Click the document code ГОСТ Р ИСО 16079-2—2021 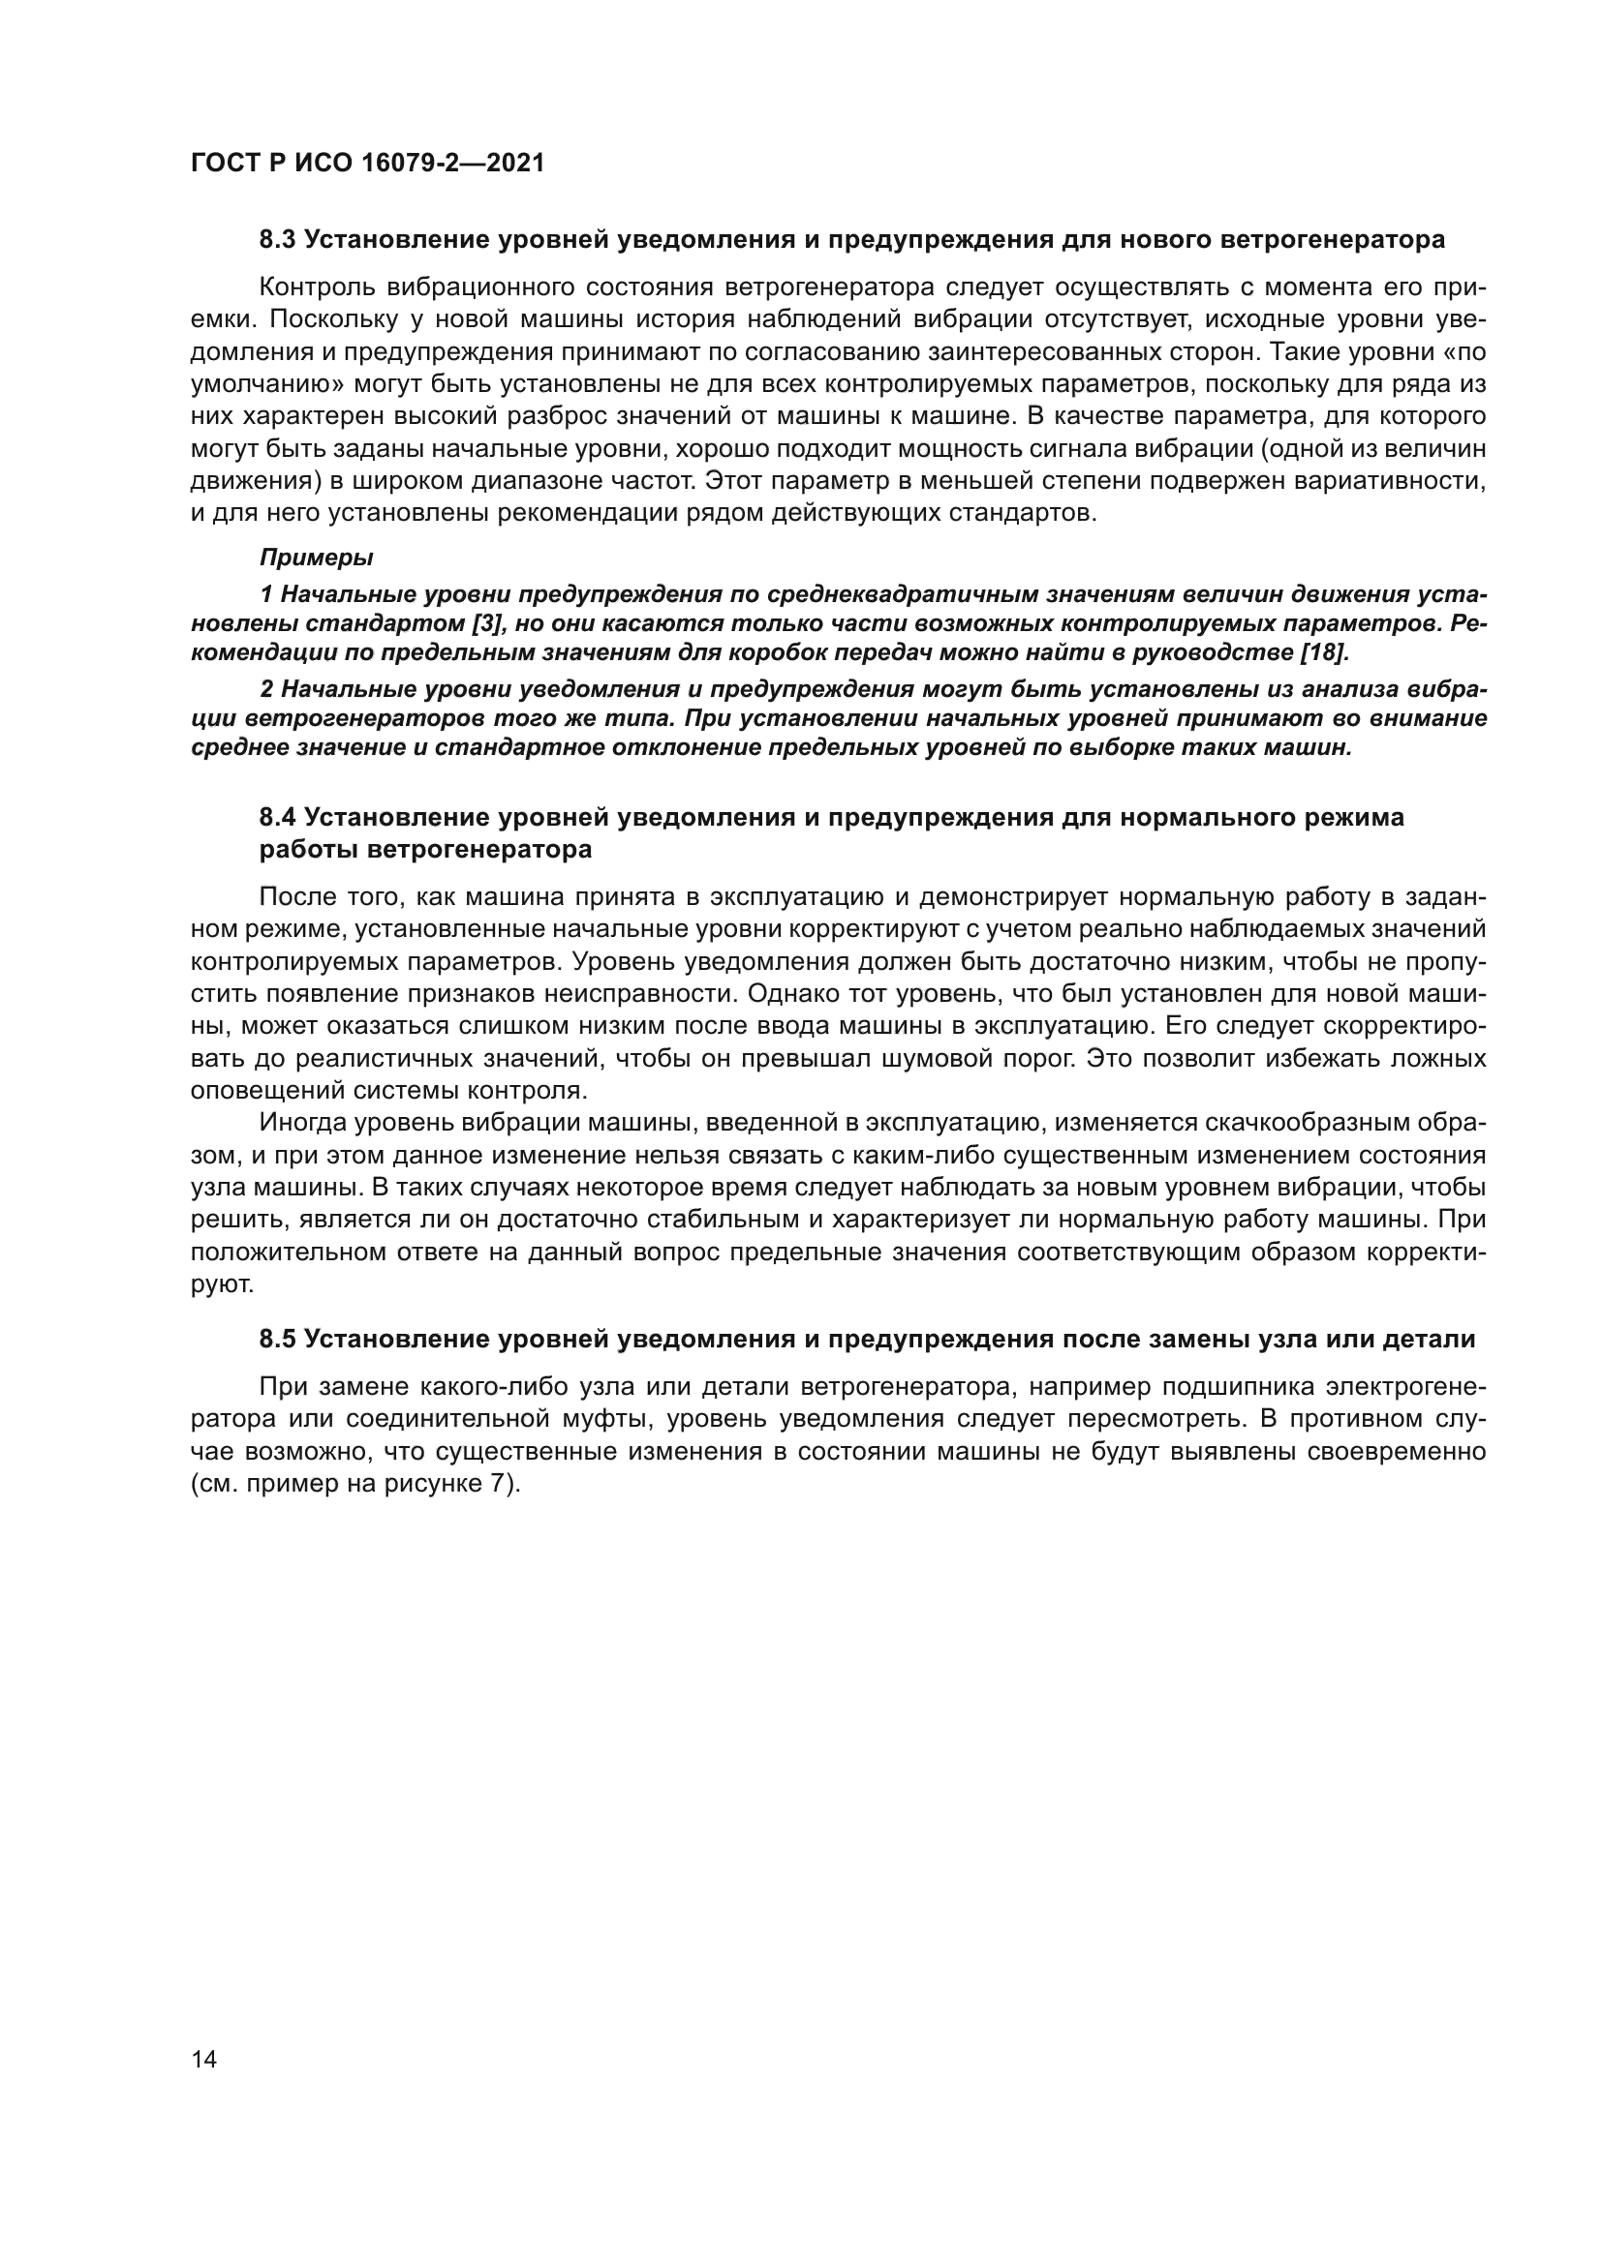click(367, 164)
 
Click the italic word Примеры click(316, 558)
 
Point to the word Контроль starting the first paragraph click(316, 287)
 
